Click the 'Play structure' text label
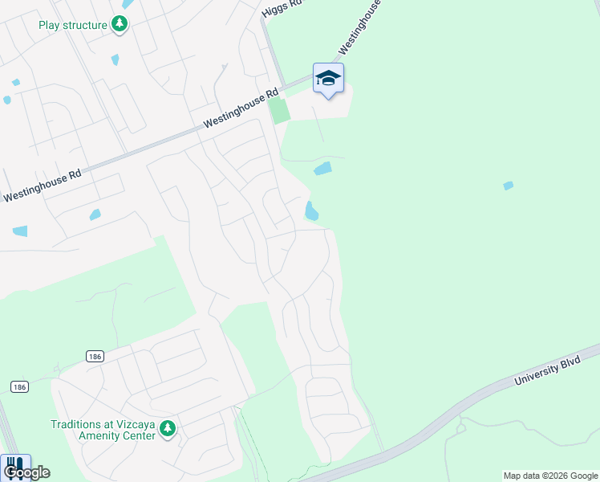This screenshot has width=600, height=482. tap(73, 25)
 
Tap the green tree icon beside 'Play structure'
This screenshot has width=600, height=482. tap(120, 25)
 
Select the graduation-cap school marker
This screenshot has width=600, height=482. tap(328, 78)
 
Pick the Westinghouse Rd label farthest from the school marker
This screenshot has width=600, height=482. tap(43, 185)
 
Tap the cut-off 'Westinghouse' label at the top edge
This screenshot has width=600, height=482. tap(359, 20)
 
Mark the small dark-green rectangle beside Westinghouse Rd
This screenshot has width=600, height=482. tap(279, 110)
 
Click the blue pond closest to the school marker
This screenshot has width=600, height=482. tap(322, 169)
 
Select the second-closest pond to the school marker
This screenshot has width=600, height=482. tap(311, 211)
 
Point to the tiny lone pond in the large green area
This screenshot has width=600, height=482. tap(508, 186)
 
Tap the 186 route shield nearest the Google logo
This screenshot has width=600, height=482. tap(20, 387)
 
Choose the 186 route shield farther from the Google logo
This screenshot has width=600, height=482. tap(95, 356)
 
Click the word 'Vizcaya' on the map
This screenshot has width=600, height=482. tap(133, 424)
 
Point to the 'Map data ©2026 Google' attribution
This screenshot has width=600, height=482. tap(550, 476)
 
